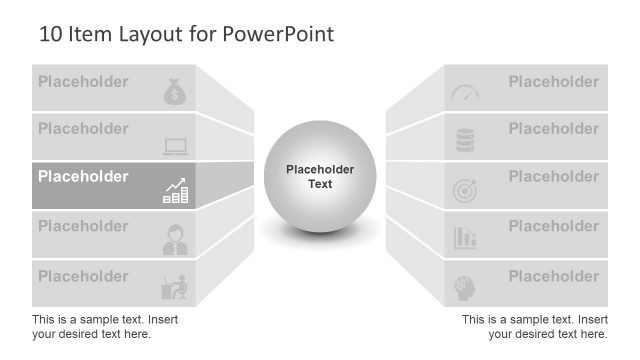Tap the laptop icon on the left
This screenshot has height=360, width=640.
coord(175,146)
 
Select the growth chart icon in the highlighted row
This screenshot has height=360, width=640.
coord(175,191)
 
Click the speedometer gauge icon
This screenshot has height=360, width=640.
coord(465,93)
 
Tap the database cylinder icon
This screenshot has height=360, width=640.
coord(465,141)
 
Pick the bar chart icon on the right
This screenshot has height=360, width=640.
coord(465,237)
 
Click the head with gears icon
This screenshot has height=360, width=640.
coord(465,286)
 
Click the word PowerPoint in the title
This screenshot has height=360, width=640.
coord(278,34)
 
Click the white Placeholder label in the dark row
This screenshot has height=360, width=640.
coord(83,177)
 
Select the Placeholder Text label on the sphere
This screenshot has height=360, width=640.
coord(320,177)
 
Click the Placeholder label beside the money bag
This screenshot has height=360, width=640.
coord(83,82)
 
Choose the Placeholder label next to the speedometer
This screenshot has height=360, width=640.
coord(553,82)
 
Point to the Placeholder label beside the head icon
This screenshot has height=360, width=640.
coord(553,276)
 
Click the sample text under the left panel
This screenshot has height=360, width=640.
coord(105,326)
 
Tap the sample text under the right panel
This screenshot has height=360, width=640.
coord(534,326)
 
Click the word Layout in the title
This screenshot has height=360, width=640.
coord(152,34)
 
